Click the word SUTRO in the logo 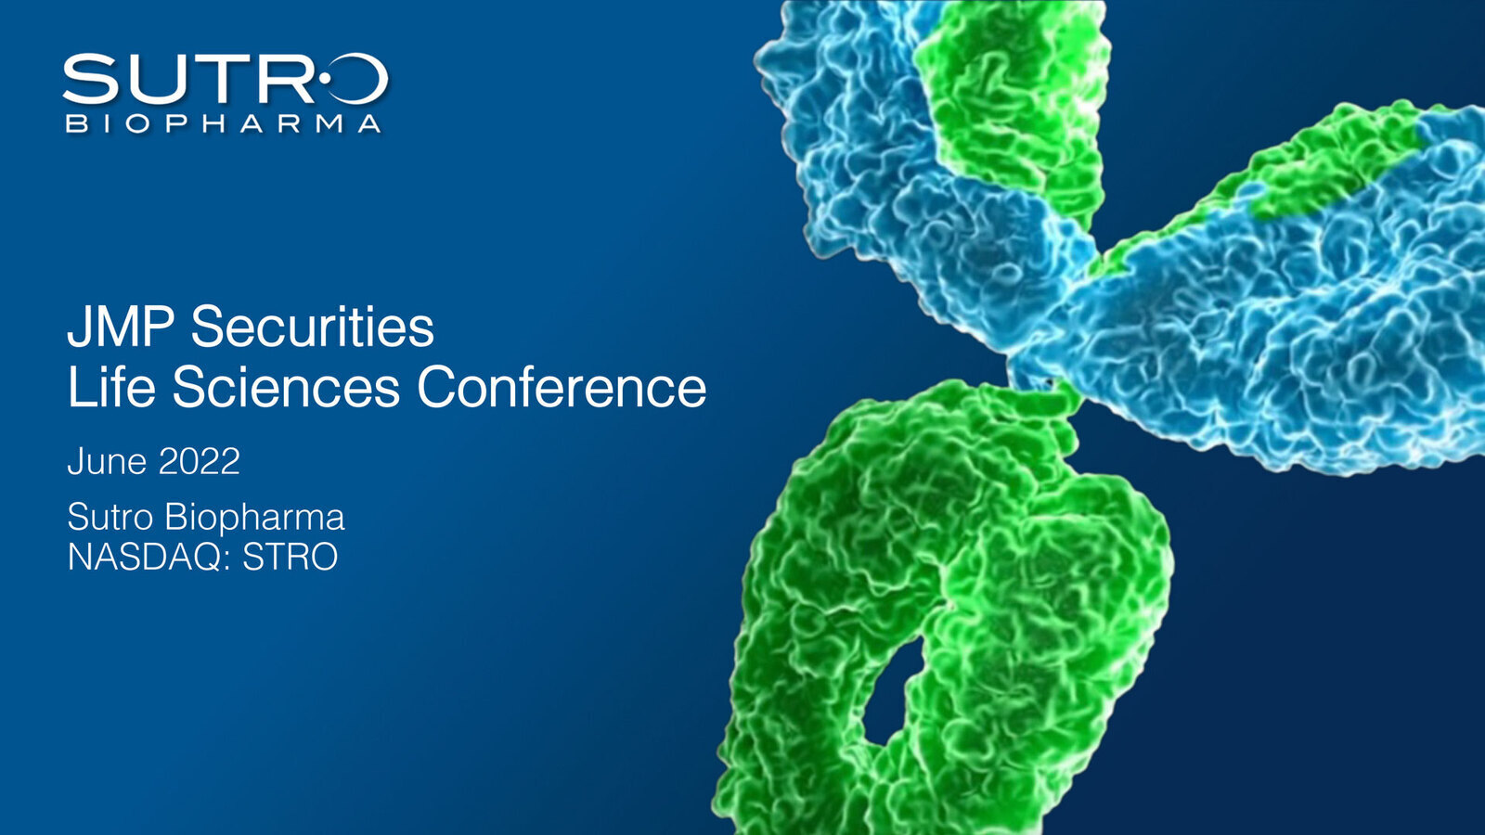225,80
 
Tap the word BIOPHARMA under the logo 224,123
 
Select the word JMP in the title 120,327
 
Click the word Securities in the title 312,327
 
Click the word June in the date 107,461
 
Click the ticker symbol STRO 291,557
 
